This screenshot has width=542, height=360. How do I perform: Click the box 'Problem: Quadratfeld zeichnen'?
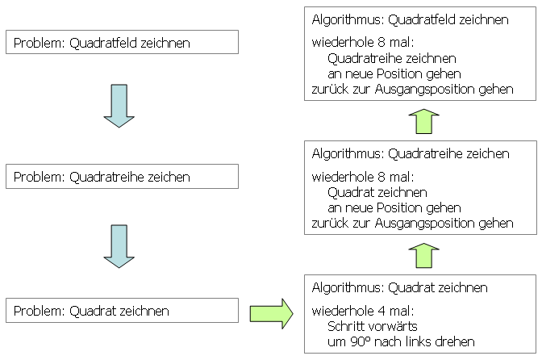122,42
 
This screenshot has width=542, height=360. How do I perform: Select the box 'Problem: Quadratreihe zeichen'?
122,176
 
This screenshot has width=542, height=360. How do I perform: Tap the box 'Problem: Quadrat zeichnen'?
122,311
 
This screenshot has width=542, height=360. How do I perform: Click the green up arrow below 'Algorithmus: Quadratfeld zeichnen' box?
422,122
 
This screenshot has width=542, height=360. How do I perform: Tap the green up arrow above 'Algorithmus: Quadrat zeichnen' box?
422,255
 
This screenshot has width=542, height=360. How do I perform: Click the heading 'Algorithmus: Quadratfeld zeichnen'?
410,19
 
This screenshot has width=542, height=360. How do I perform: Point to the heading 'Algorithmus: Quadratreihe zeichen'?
410,153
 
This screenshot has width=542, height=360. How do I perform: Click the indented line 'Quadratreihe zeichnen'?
392,58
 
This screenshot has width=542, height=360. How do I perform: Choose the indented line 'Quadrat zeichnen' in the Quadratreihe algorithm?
377,192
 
